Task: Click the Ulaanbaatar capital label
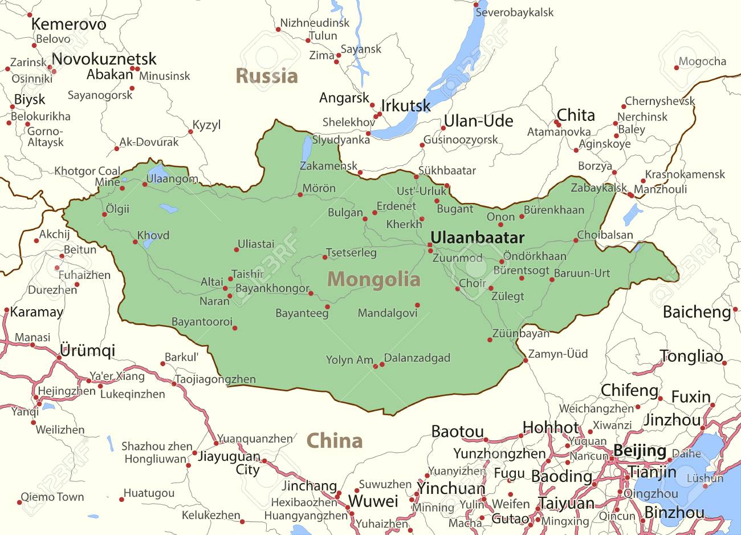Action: click(477, 237)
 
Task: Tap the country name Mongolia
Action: click(374, 279)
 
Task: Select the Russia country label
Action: click(267, 76)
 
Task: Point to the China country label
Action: click(334, 441)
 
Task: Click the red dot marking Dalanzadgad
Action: click(382, 364)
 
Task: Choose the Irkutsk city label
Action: click(406, 106)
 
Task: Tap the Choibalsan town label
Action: click(605, 235)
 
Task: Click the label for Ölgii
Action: click(117, 209)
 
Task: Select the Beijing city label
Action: click(640, 451)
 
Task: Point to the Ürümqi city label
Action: click(87, 350)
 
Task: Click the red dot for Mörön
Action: click(300, 195)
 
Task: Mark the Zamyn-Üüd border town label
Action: click(557, 354)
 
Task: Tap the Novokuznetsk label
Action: click(104, 59)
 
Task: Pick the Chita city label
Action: click(576, 115)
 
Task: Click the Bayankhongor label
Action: click(272, 289)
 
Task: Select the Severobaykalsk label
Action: click(514, 12)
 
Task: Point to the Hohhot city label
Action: click(550, 427)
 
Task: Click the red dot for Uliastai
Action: click(237, 249)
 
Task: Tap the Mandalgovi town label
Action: click(388, 313)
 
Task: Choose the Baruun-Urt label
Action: click(582, 273)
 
